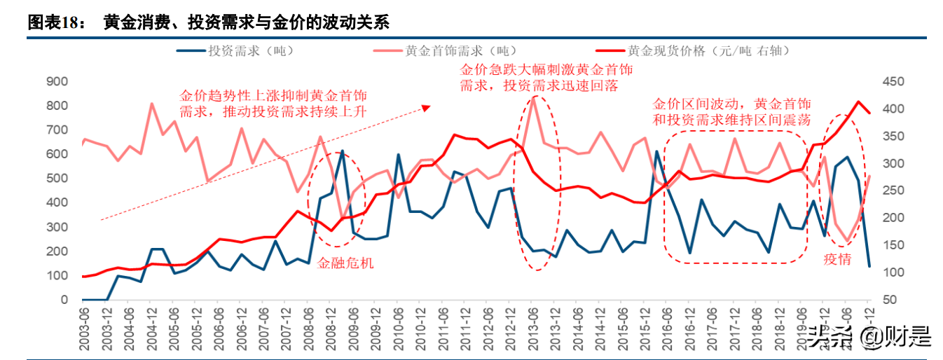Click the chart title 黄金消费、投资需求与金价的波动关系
(x=245, y=22)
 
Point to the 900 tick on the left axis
(x=57, y=81)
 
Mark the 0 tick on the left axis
(x=64, y=300)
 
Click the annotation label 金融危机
(x=345, y=263)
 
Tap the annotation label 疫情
(x=838, y=259)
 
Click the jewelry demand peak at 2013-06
(x=534, y=97)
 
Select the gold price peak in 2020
(x=859, y=102)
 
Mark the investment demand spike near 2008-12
(x=343, y=151)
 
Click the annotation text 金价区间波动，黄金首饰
(x=731, y=104)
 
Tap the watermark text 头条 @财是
(x=869, y=337)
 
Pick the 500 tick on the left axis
(x=57, y=178)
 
